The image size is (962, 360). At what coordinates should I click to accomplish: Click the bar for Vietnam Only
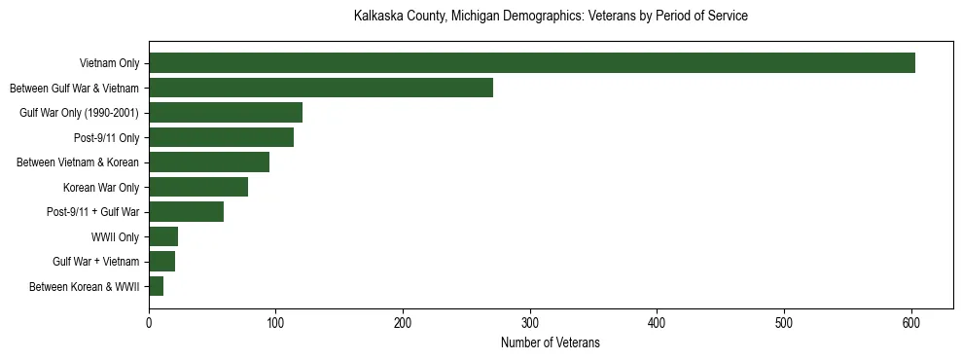tap(532, 63)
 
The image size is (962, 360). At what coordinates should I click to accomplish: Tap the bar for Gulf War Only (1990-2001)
tap(226, 113)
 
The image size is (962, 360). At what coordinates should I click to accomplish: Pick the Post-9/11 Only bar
tap(222, 137)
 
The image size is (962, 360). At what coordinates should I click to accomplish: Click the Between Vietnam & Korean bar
tap(209, 162)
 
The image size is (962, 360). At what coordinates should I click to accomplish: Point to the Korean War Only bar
tap(198, 187)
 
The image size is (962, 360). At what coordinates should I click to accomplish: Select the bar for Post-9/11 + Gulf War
tap(187, 212)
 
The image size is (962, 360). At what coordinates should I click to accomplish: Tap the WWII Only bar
tap(163, 236)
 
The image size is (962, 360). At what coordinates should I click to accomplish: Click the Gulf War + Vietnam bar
tap(162, 262)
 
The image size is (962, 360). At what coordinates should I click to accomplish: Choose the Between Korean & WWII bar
tap(157, 286)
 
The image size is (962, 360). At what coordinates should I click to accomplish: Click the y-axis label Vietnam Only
tap(109, 63)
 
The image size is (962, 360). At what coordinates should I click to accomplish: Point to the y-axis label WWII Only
tap(115, 236)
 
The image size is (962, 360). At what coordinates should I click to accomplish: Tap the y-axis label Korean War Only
tap(101, 187)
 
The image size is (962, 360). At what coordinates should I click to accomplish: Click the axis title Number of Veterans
tap(551, 343)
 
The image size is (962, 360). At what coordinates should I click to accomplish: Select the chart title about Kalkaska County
tap(551, 17)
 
